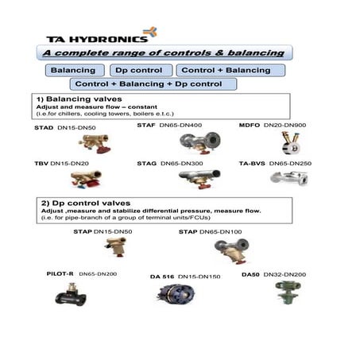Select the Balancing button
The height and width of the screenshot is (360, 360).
[x=72, y=70]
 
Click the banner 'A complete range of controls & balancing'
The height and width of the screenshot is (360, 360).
[x=163, y=52]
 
